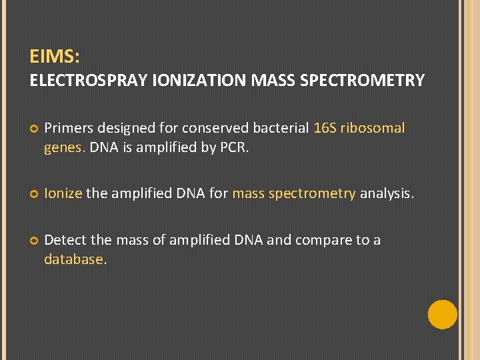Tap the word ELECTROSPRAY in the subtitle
[89, 81]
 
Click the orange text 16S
[325, 128]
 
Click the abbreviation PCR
[235, 148]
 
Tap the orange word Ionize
[63, 194]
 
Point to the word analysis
[387, 194]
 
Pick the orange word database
[74, 259]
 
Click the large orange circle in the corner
[442, 315]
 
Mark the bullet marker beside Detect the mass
[34, 241]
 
